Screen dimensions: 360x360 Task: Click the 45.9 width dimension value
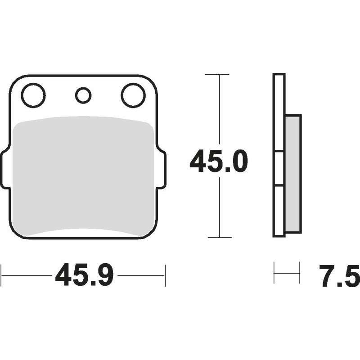[x=84, y=275]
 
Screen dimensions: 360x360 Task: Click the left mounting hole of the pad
[x=33, y=95]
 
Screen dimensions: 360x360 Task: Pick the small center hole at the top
[x=83, y=95]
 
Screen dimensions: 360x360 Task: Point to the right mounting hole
[x=133, y=95]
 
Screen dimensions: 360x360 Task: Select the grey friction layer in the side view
[x=293, y=174]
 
